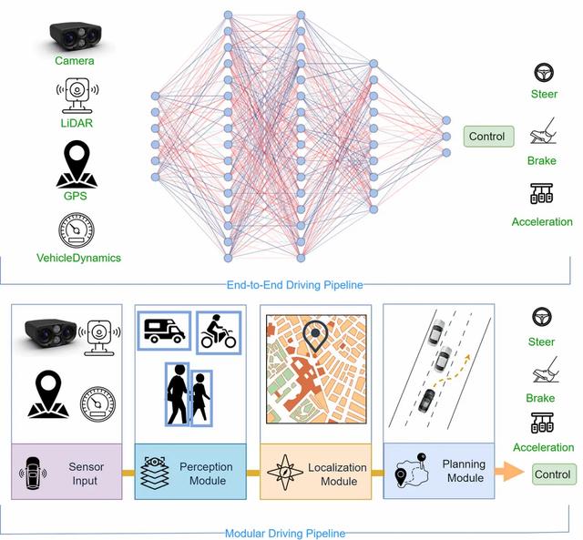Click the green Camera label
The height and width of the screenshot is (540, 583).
tap(75, 61)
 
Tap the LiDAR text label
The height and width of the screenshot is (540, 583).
tap(77, 123)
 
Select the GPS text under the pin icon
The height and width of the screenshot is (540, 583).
tap(75, 196)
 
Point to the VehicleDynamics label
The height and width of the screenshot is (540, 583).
tap(78, 258)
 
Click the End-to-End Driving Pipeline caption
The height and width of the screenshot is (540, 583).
tap(294, 285)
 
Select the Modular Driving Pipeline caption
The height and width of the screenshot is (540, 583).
tap(285, 534)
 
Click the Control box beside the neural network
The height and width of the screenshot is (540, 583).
tap(488, 137)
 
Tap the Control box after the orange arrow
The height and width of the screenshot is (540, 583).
tap(554, 474)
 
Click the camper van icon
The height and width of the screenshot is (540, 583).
tap(164, 331)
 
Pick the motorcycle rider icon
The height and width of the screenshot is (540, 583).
tap(219, 331)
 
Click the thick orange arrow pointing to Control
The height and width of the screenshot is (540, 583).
tap(509, 472)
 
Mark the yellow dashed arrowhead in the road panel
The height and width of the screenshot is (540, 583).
tap(467, 357)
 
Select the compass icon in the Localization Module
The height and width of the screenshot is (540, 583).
tap(285, 472)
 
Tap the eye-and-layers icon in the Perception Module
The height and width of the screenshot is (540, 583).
tap(155, 472)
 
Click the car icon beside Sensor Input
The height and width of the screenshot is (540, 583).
tap(33, 474)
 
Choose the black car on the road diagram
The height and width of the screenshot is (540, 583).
tap(426, 401)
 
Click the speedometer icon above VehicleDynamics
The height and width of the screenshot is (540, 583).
tap(77, 230)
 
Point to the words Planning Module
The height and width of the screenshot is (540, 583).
tap(464, 471)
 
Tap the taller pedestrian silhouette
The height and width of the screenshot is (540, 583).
tap(178, 394)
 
